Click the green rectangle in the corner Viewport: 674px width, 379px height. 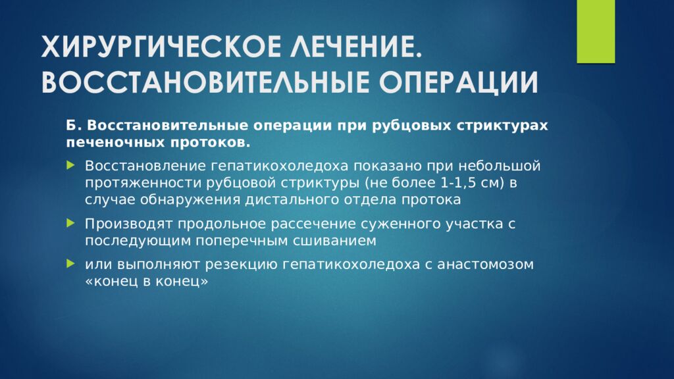click(595, 32)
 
